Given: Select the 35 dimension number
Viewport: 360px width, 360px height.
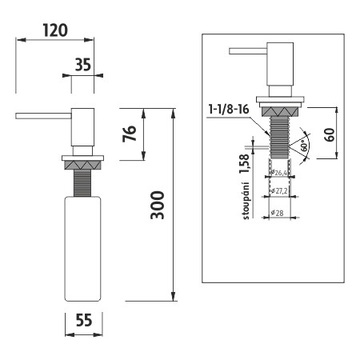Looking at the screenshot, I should [x=82, y=65].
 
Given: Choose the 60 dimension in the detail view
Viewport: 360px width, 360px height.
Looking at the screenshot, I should [x=330, y=132].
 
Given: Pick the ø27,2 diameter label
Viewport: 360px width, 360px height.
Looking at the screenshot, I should [x=279, y=191].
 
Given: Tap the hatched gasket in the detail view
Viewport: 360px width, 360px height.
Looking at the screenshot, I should [x=279, y=106].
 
